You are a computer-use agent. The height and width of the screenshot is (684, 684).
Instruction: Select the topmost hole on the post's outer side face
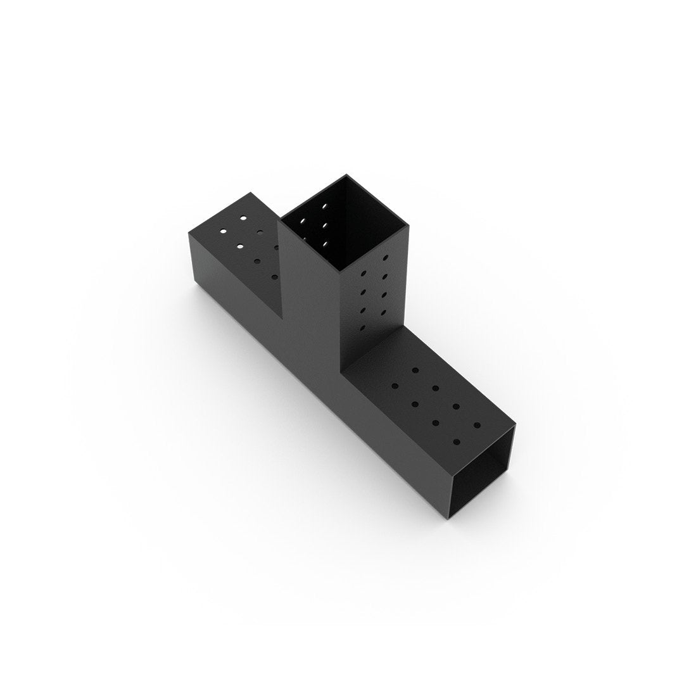click(x=385, y=258)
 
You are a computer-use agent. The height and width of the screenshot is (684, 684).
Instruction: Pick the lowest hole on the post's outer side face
click(x=363, y=327)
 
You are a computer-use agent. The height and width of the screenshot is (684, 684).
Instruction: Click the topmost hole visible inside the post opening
click(x=325, y=206)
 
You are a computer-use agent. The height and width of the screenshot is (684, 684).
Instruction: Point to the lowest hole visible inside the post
click(x=324, y=243)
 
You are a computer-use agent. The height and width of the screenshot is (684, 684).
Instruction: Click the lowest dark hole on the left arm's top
click(x=274, y=277)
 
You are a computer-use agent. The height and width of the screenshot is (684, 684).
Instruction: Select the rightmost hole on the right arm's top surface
click(x=477, y=425)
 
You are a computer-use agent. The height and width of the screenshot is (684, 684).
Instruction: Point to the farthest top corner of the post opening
click(x=346, y=175)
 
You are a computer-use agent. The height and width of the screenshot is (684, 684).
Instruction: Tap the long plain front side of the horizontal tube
click(x=317, y=380)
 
